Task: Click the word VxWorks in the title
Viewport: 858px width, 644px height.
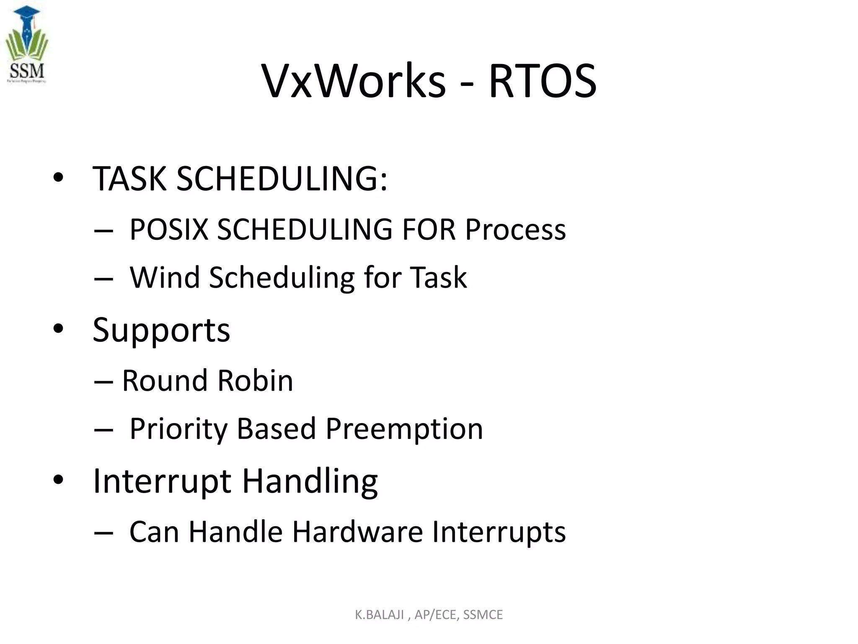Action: (x=354, y=80)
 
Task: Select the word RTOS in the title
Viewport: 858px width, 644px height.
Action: (x=543, y=80)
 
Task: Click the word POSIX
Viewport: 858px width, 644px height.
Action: (x=169, y=229)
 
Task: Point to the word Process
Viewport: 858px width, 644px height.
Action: (x=515, y=229)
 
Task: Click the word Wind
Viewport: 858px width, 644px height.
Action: (x=165, y=278)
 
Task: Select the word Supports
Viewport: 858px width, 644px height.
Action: (x=161, y=330)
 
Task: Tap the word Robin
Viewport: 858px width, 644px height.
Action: (x=255, y=381)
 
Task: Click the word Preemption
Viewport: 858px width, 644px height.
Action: (x=404, y=429)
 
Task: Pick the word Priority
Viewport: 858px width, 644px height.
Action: (x=178, y=429)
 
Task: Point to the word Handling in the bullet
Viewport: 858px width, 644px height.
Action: (x=310, y=481)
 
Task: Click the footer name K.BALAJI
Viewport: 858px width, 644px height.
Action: (x=379, y=615)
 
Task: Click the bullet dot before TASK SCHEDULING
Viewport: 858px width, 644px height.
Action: (x=58, y=178)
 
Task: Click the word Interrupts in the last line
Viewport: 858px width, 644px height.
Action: (x=499, y=532)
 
